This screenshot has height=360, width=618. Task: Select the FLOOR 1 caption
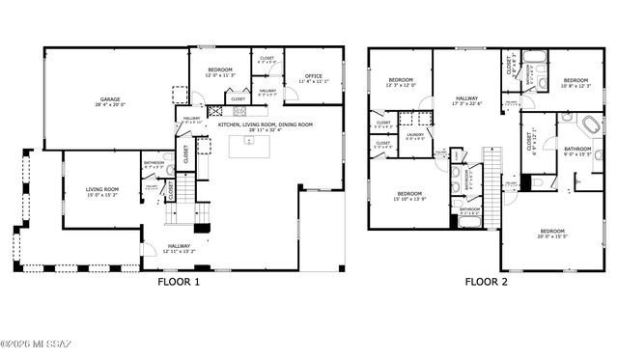pyautogui.click(x=178, y=283)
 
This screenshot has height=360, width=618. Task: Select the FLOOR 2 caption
pyautogui.click(x=487, y=283)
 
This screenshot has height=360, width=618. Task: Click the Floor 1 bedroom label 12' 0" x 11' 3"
pyautogui.click(x=220, y=72)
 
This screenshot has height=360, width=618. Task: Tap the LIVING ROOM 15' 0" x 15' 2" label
pyautogui.click(x=101, y=192)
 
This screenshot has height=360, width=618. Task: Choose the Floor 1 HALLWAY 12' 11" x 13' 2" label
pyautogui.click(x=180, y=248)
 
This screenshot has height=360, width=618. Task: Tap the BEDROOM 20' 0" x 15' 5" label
pyautogui.click(x=551, y=233)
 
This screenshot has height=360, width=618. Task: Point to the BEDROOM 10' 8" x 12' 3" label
pyautogui.click(x=576, y=82)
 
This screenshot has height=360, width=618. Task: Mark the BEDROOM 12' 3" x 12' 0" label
pyautogui.click(x=401, y=82)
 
